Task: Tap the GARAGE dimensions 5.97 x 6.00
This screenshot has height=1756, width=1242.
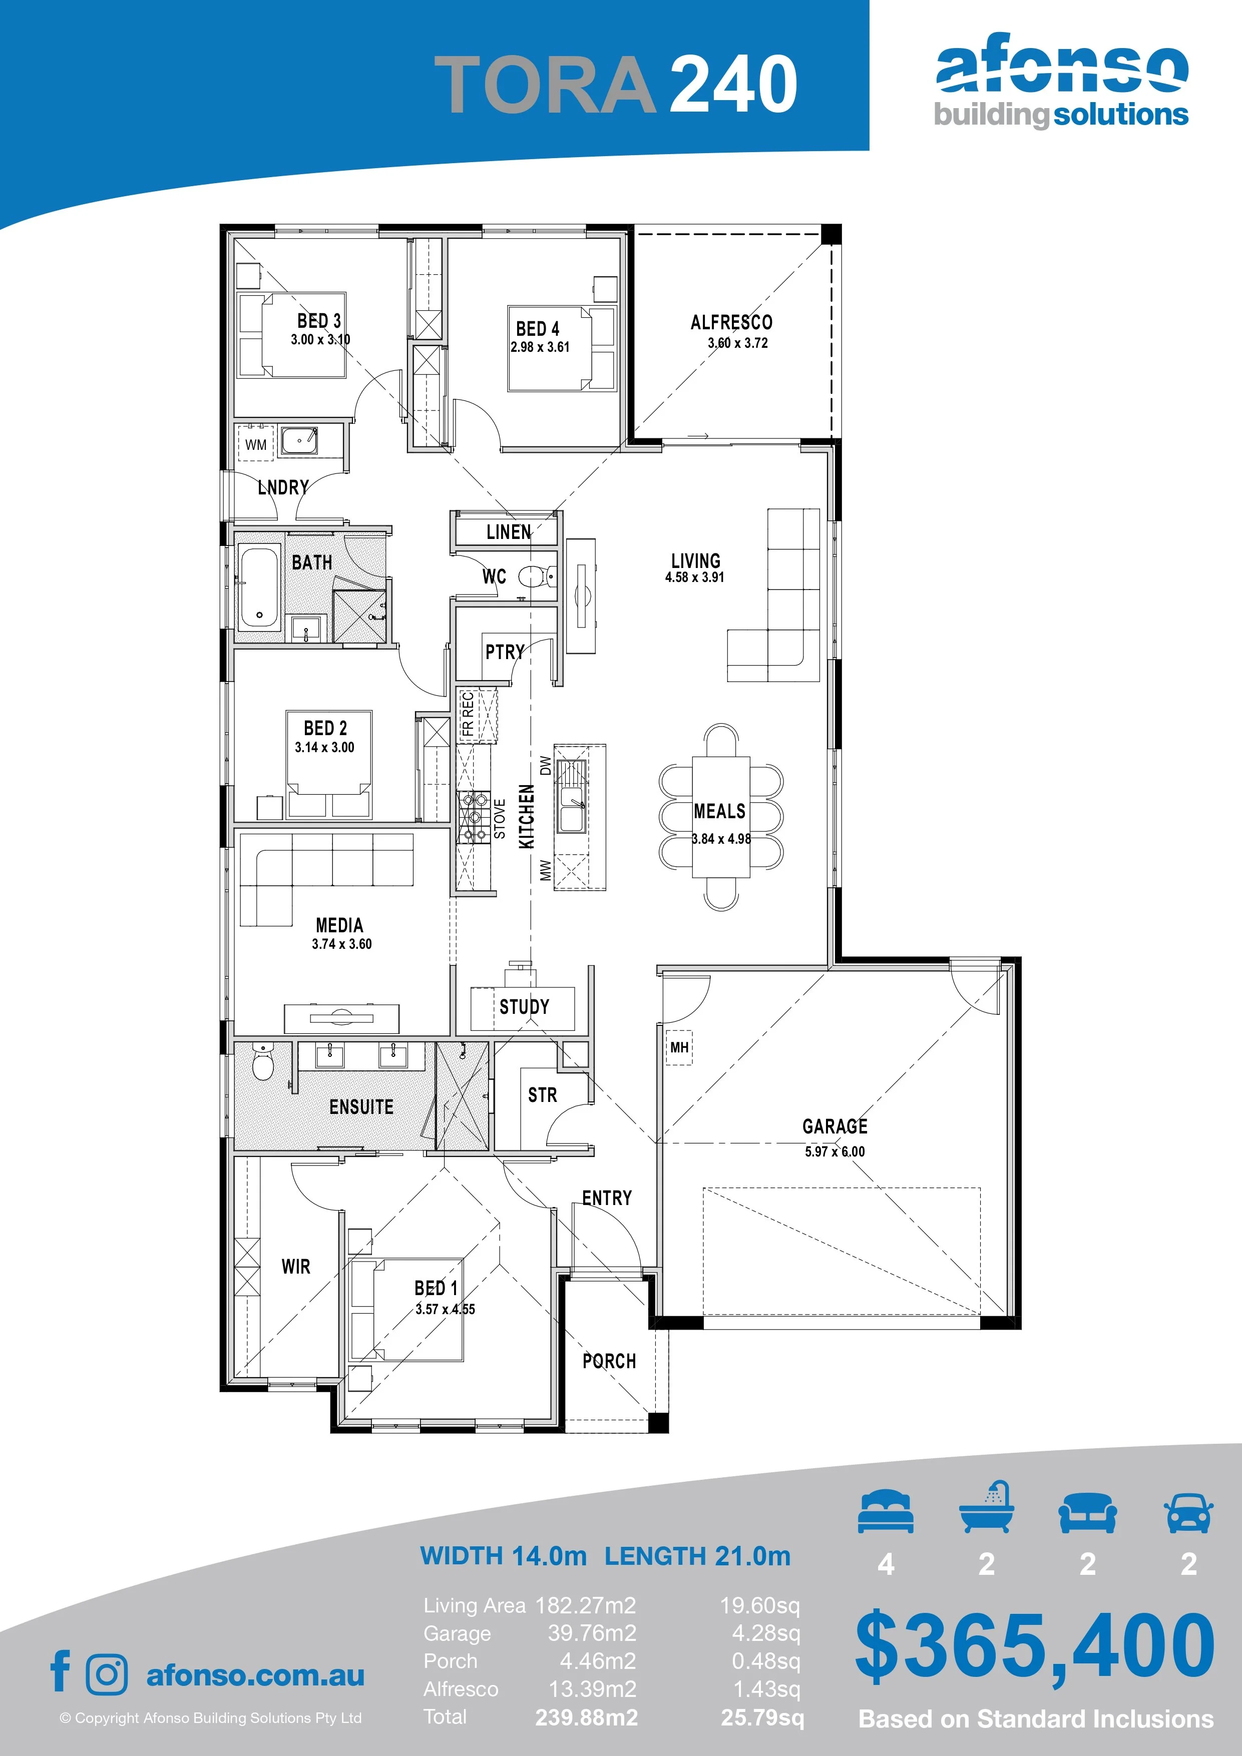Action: pyautogui.click(x=835, y=1151)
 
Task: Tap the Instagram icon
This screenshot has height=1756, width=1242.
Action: pyautogui.click(x=107, y=1674)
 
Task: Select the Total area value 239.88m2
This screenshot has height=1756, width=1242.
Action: pyautogui.click(x=586, y=1717)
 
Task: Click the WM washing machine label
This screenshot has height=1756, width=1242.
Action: pyautogui.click(x=256, y=444)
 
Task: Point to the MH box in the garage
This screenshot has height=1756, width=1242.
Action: pyautogui.click(x=679, y=1047)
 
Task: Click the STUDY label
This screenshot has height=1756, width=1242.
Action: pyautogui.click(x=524, y=1006)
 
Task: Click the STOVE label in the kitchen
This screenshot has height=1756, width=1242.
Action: pyautogui.click(x=500, y=819)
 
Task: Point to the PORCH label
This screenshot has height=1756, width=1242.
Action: pyautogui.click(x=609, y=1361)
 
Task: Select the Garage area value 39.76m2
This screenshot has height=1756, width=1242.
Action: pyautogui.click(x=592, y=1633)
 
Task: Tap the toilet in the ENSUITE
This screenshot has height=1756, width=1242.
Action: pyautogui.click(x=262, y=1063)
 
